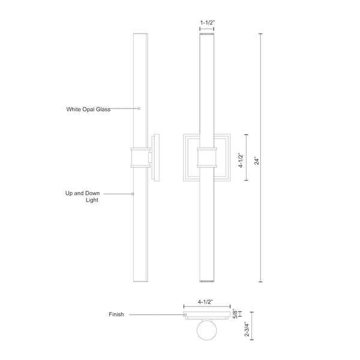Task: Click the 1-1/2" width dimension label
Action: [206, 22]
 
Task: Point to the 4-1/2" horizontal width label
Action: [207, 304]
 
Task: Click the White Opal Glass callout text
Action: [88, 109]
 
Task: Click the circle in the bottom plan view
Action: [207, 333]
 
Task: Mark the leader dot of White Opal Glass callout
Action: [139, 109]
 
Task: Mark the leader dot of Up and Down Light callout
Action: [133, 193]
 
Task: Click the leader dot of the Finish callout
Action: [185, 314]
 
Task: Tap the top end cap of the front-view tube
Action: [206, 35]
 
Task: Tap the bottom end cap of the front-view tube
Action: [206, 281]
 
